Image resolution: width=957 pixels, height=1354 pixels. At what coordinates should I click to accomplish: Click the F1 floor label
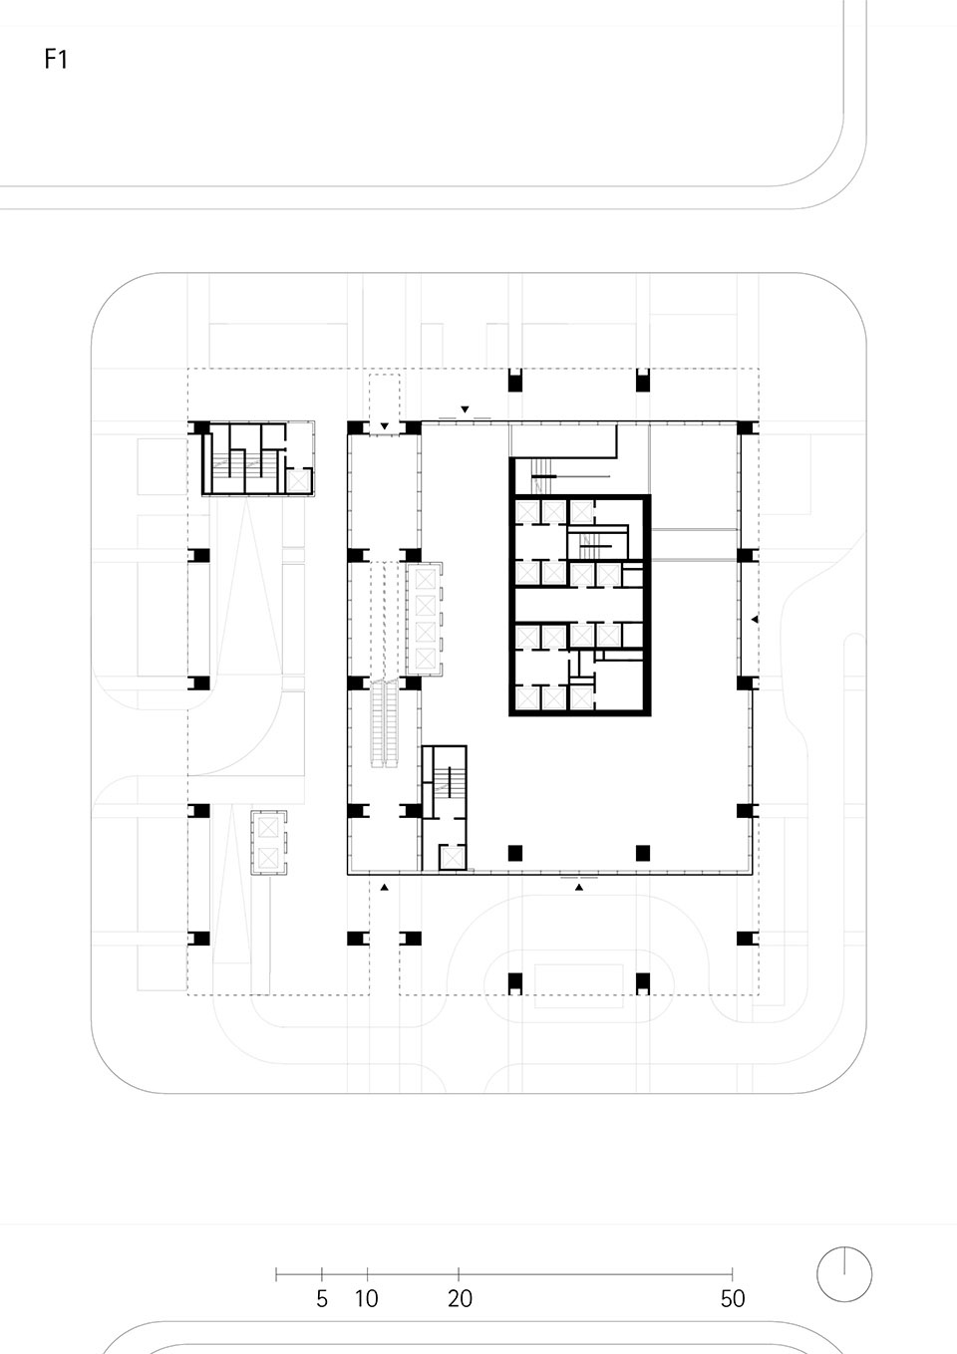pyautogui.click(x=56, y=59)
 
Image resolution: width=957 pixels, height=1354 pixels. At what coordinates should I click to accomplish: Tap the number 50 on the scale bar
pyautogui.click(x=733, y=1298)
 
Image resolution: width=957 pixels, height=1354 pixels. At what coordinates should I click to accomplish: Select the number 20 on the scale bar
pyautogui.click(x=460, y=1298)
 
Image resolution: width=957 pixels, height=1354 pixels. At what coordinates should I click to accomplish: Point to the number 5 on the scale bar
pyautogui.click(x=322, y=1298)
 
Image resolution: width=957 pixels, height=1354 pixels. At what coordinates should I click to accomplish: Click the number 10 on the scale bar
pyautogui.click(x=367, y=1298)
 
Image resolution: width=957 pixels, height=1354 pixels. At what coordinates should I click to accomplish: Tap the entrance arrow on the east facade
pyautogui.click(x=755, y=619)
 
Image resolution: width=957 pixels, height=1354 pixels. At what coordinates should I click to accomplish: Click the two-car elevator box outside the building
pyautogui.click(x=268, y=842)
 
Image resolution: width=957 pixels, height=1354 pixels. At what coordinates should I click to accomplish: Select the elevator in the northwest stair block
pyautogui.click(x=298, y=480)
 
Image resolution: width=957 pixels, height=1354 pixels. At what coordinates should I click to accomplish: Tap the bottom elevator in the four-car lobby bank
pyautogui.click(x=426, y=658)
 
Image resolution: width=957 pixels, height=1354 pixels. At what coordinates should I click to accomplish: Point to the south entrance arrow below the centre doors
pyautogui.click(x=579, y=888)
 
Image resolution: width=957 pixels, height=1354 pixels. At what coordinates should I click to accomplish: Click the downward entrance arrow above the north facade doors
pyautogui.click(x=465, y=409)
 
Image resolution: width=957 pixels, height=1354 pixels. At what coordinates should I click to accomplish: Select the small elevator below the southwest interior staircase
pyautogui.click(x=452, y=857)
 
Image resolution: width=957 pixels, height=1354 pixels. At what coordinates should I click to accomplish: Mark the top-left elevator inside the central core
pyautogui.click(x=527, y=512)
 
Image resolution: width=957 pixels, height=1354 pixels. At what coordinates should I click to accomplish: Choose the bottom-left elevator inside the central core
pyautogui.click(x=527, y=698)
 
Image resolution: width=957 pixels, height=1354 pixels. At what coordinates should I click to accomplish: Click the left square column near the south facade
pyautogui.click(x=514, y=853)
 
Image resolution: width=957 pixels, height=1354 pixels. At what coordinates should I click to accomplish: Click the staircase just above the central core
pyautogui.click(x=540, y=475)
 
